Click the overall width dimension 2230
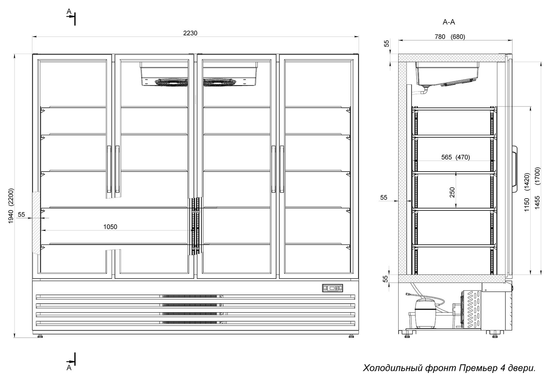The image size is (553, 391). [190, 33]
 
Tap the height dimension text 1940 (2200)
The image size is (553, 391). [11, 206]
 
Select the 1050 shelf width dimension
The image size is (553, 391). [110, 227]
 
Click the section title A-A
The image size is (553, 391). [449, 22]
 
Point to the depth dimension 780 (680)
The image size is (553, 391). [450, 37]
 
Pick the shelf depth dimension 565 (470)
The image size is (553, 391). [456, 157]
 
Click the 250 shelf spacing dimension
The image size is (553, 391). [452, 192]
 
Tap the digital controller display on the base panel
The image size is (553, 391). [332, 288]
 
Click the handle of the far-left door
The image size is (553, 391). [109, 169]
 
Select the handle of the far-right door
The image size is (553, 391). [282, 169]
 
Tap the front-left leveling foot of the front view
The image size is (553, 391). [40, 336]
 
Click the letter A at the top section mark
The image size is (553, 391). [69, 11]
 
